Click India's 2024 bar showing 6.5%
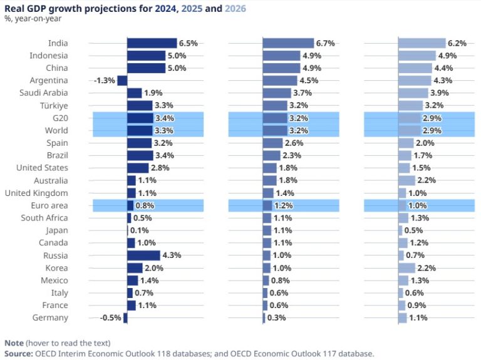152,43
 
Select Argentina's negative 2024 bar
122,81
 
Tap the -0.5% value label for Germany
111,318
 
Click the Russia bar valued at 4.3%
143,255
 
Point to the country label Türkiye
54,106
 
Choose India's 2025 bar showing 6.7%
288,43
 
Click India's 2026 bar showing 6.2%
422,43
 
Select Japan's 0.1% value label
139,230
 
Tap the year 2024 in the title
167,8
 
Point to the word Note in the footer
14,343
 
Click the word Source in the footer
18,354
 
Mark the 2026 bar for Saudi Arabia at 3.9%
415,93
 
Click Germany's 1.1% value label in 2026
418,318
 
